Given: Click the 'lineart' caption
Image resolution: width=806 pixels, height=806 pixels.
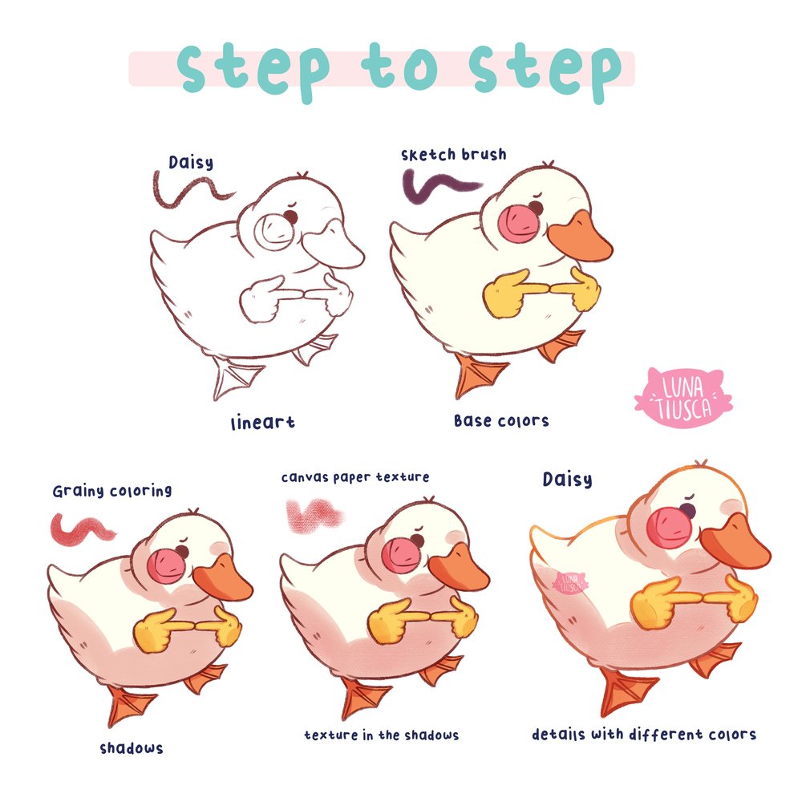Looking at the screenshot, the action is tap(263, 423).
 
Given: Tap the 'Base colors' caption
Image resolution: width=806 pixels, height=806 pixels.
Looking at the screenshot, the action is tap(501, 421).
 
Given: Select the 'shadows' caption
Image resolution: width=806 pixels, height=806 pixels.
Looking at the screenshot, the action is tap(132, 748).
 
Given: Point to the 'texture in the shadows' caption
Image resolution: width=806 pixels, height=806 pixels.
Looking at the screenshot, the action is tap(381, 735).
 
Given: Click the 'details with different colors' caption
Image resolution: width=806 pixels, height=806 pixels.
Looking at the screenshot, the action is tap(643, 734).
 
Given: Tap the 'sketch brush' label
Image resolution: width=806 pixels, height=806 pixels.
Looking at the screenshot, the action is tap(453, 155).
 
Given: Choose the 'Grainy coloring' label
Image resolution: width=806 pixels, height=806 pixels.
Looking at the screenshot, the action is tap(112, 491).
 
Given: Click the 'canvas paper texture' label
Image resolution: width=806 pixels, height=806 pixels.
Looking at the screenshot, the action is tap(355, 477).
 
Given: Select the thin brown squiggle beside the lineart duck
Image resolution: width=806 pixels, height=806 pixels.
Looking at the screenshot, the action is tap(191, 191).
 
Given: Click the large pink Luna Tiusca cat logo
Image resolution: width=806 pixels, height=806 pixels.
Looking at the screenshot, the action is tap(682, 397).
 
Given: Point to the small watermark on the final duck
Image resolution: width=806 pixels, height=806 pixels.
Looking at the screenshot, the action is tap(569, 583).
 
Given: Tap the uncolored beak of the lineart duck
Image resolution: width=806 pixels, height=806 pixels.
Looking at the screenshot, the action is tap(333, 245).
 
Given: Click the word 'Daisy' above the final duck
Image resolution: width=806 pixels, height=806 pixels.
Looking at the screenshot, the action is tap(568, 480).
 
